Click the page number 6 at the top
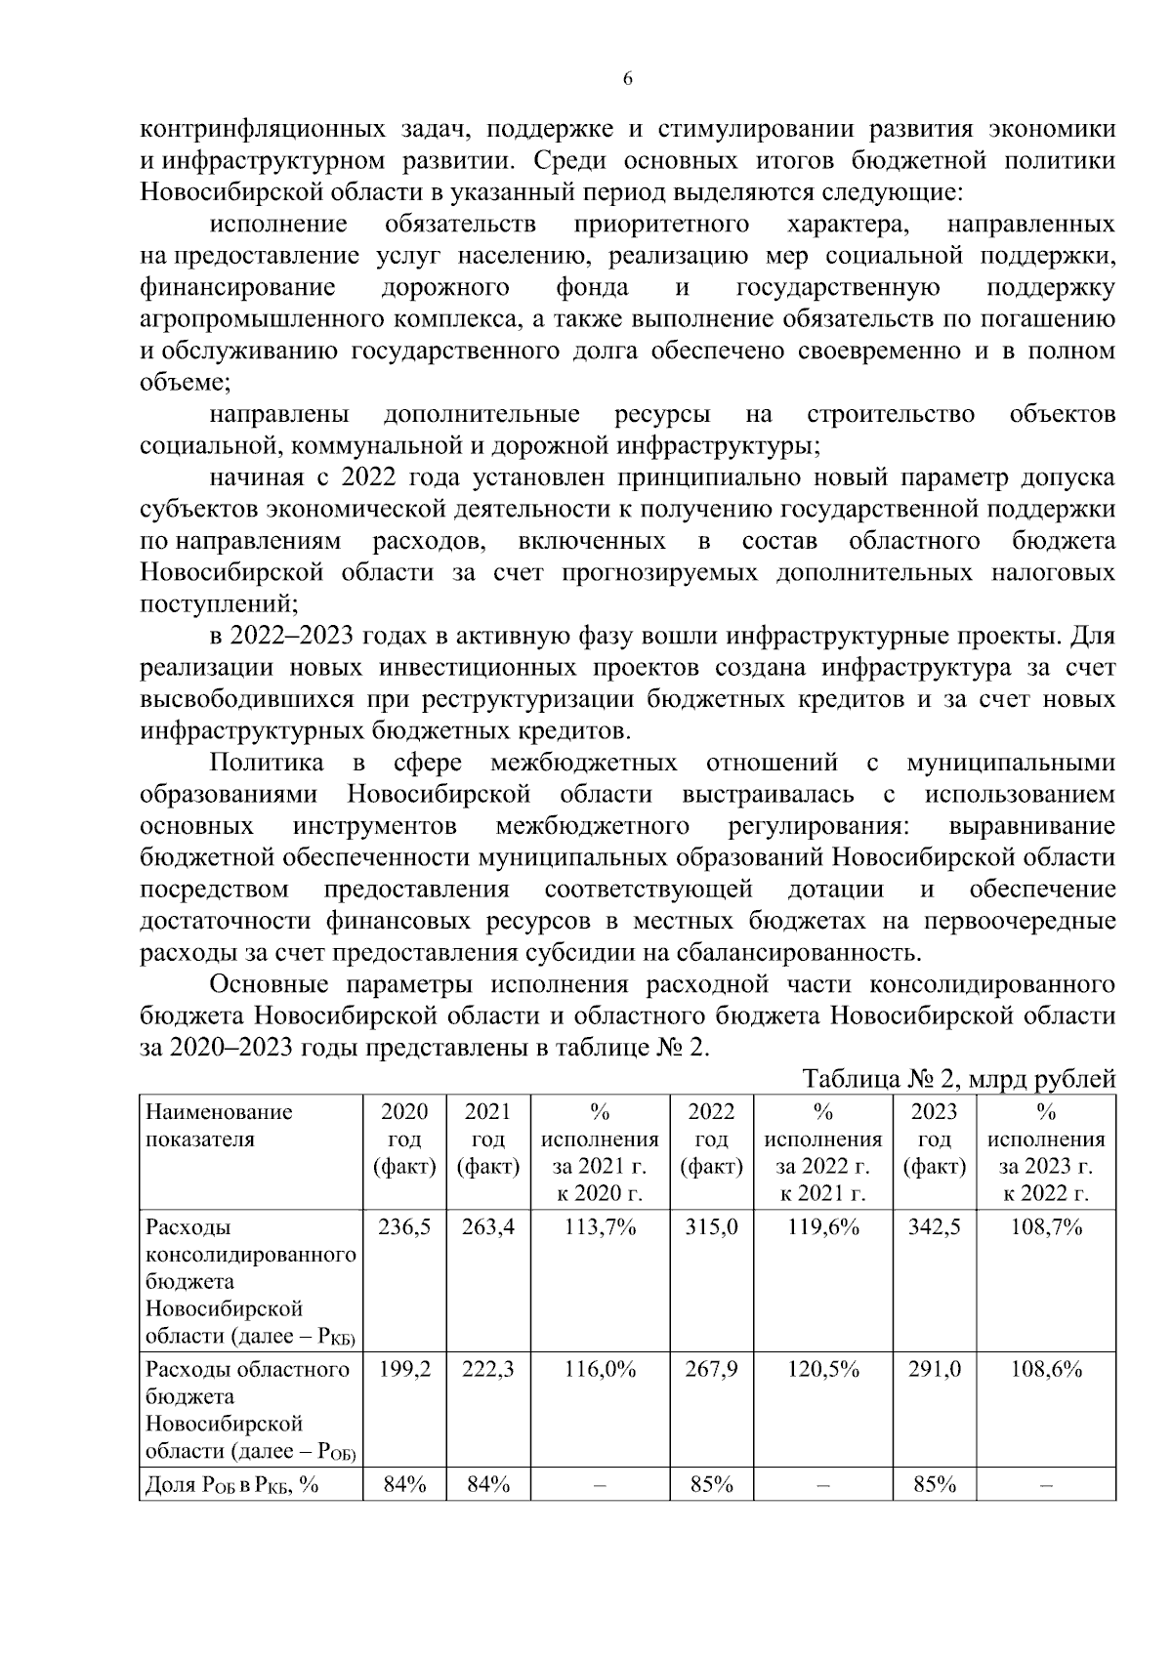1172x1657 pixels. (x=627, y=79)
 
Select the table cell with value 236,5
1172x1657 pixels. (x=404, y=1227)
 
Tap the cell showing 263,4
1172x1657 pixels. (x=487, y=1227)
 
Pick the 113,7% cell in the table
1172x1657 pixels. (x=600, y=1227)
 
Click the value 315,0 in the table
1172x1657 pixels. (x=711, y=1227)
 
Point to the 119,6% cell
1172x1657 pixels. (x=823, y=1227)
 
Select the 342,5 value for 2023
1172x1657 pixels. (x=935, y=1227)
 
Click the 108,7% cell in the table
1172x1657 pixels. (x=1046, y=1227)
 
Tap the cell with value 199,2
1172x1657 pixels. (x=404, y=1369)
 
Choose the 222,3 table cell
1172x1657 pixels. (x=487, y=1369)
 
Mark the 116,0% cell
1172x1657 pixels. (x=600, y=1369)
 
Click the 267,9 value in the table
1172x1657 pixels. (x=711, y=1369)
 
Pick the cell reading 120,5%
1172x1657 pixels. (x=823, y=1369)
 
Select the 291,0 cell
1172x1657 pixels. (x=935, y=1369)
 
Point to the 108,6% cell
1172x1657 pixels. (x=1046, y=1369)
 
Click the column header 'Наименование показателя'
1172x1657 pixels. (x=219, y=1125)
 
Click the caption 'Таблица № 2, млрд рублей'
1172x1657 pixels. (x=958, y=1079)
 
